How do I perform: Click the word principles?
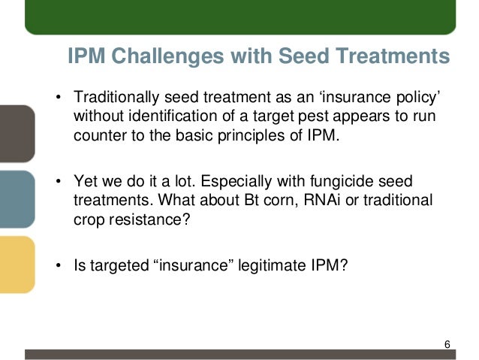pyautogui.click(x=267, y=135)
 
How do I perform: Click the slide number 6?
pyautogui.click(x=447, y=344)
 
